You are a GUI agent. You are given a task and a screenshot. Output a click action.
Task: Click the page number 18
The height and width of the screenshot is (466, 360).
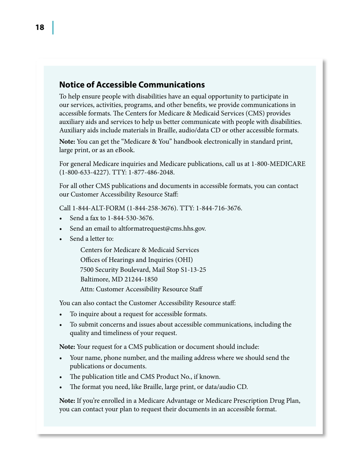click(39, 28)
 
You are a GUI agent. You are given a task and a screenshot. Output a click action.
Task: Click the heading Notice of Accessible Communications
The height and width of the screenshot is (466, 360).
click(132, 84)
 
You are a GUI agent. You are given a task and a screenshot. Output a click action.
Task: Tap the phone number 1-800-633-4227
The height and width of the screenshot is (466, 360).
click(80, 172)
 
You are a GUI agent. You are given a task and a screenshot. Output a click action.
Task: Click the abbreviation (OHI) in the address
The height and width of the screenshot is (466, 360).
click(183, 260)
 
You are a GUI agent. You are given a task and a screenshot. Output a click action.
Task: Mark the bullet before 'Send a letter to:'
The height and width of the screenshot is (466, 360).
click(62, 239)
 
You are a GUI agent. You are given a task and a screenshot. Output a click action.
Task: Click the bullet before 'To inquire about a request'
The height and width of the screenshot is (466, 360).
click(62, 314)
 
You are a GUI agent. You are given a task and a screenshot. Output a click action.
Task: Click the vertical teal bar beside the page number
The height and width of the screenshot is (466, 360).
click(53, 28)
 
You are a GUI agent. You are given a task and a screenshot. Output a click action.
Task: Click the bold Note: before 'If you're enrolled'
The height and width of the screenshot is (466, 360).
click(67, 401)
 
